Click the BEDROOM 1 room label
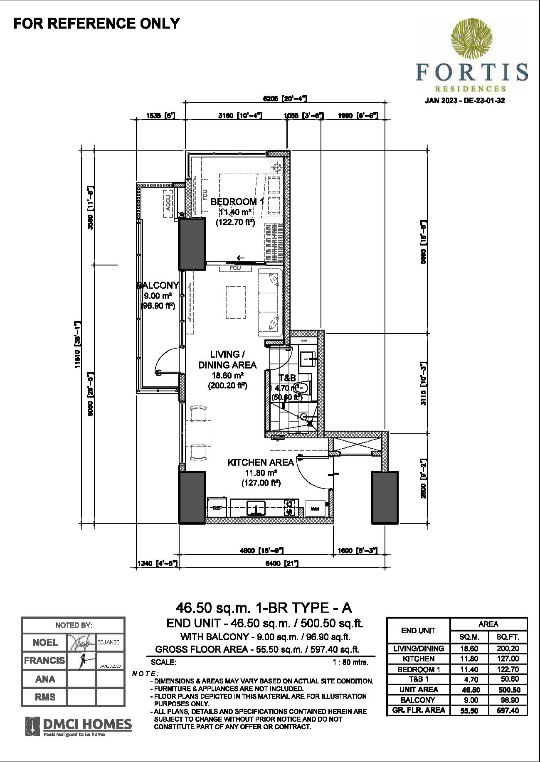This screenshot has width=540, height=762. [237, 202]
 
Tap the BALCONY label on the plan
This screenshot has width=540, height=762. [158, 285]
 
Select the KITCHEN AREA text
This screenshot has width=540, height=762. [261, 462]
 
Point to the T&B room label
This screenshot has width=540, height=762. [287, 378]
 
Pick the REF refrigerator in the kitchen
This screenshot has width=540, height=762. [217, 508]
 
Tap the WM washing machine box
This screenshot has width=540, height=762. [314, 508]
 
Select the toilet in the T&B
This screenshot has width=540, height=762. [302, 388]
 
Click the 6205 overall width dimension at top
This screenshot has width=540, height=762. [285, 98]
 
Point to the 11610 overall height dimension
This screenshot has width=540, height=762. [77, 345]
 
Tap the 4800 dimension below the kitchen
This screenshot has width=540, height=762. [261, 551]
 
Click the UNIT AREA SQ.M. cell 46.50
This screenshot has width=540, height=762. [470, 689]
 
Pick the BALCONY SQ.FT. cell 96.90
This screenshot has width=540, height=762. [508, 700]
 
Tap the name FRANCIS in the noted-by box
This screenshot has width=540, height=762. [44, 660]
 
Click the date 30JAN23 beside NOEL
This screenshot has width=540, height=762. [108, 642]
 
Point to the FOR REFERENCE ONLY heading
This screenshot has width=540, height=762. [96, 23]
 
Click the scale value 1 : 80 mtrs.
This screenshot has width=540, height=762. [350, 662]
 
